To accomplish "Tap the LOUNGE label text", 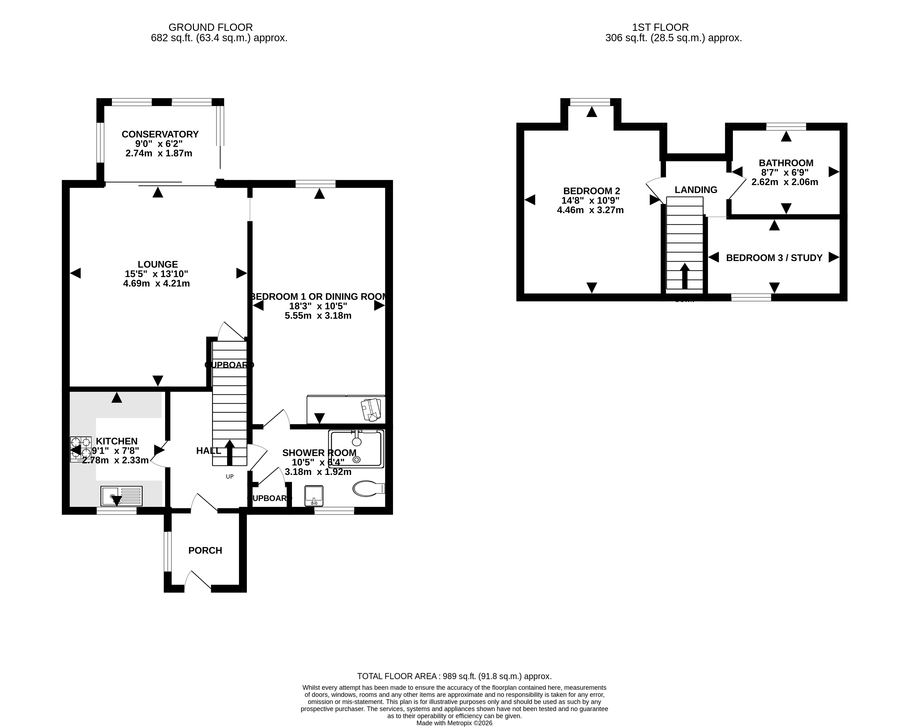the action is (158, 264).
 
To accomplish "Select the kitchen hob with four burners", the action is (81, 449).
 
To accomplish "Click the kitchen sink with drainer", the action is (121, 496).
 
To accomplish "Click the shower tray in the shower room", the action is (357, 449).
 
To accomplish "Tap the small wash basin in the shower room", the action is (314, 495).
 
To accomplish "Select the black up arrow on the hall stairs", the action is (230, 452).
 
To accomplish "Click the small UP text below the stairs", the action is (229, 476).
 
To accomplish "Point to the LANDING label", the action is (696, 190).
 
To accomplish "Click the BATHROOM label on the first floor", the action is (786, 163).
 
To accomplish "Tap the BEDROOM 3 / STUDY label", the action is (774, 258).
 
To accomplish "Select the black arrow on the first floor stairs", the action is (685, 276).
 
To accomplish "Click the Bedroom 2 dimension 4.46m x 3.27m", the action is (590, 210).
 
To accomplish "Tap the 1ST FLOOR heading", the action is (660, 27).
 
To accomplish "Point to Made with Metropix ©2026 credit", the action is (454, 723).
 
